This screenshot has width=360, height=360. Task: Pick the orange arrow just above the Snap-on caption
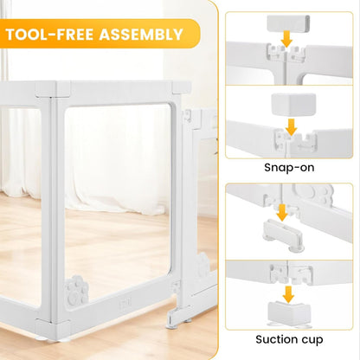coord(290,126)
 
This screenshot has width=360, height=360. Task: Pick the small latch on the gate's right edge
coord(177,286)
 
